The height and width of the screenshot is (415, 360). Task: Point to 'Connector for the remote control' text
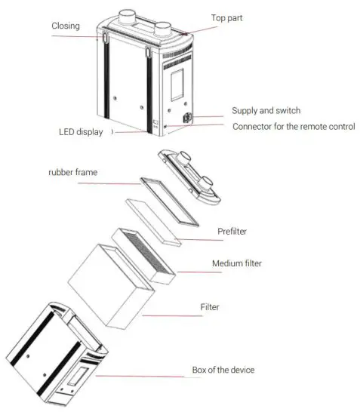pos(294,126)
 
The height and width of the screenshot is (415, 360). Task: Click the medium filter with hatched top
pos(145,255)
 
